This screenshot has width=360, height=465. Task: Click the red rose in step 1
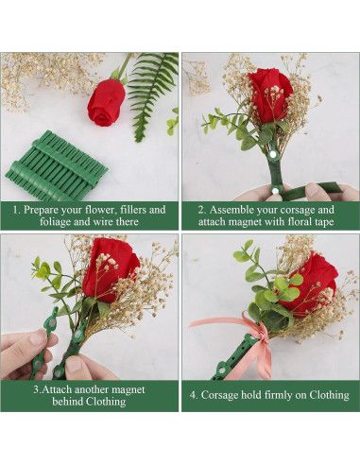(x=106, y=102)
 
